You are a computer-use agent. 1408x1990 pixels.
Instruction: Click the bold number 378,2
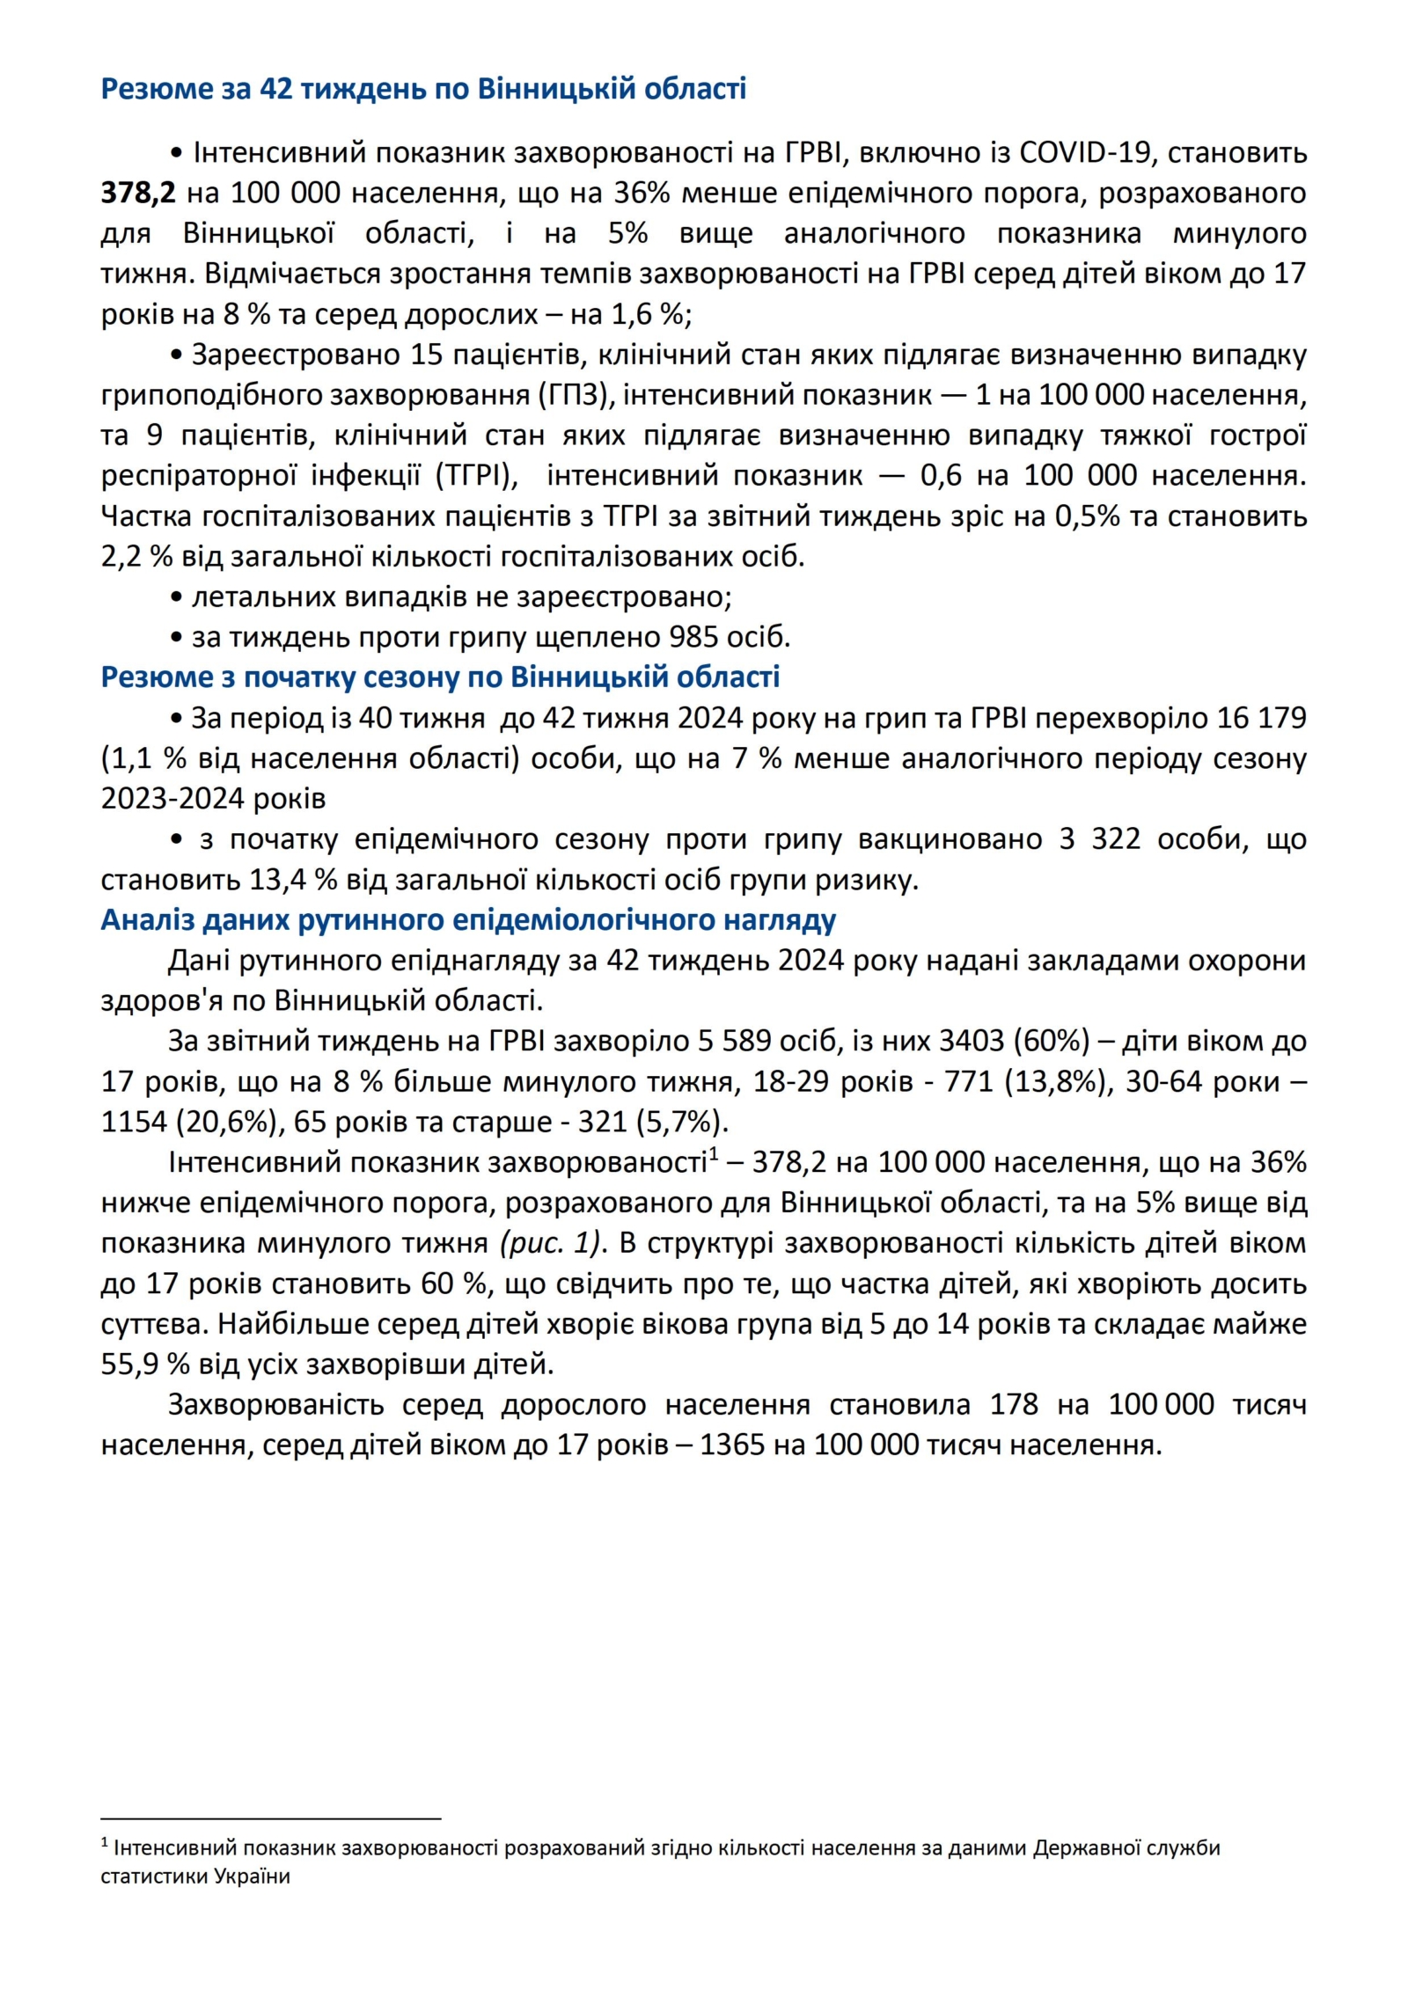[x=138, y=193]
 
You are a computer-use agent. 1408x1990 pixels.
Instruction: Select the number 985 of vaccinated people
[x=694, y=636]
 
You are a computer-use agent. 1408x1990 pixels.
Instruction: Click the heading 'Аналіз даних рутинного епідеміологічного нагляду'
[x=468, y=919]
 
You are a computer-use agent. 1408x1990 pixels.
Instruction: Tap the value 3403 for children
[x=972, y=1041]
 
